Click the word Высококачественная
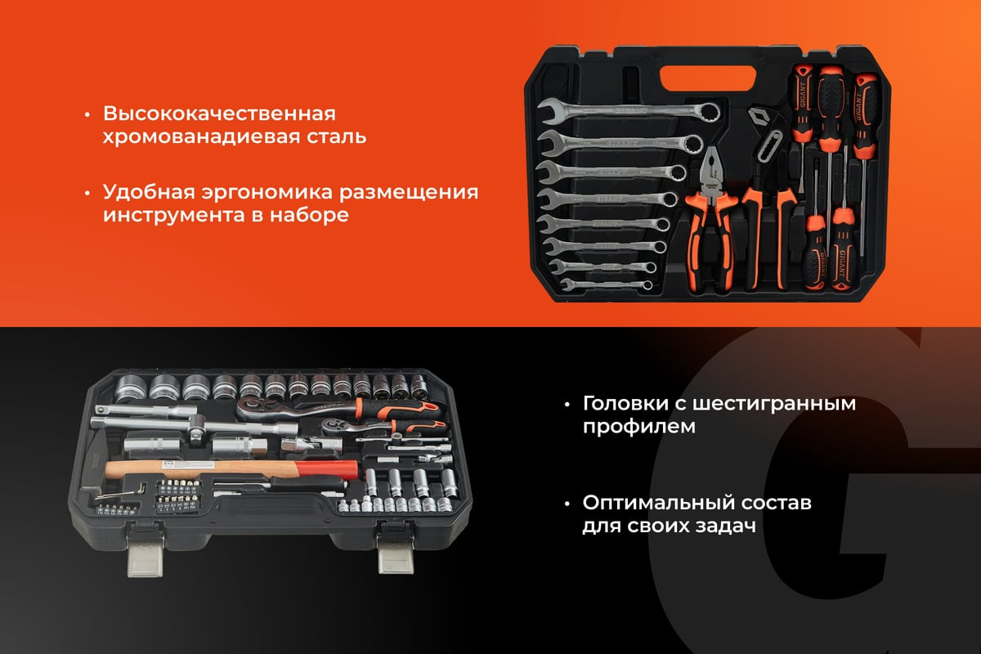[219, 114]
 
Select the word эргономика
[267, 193]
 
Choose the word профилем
[639, 427]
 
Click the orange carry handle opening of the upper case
[708, 78]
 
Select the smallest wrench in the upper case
[606, 284]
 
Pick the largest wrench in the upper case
[629, 111]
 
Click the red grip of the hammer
[327, 471]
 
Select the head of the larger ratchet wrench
[255, 407]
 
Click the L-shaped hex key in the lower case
[119, 493]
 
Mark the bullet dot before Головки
[567, 405]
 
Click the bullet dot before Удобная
[87, 193]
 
